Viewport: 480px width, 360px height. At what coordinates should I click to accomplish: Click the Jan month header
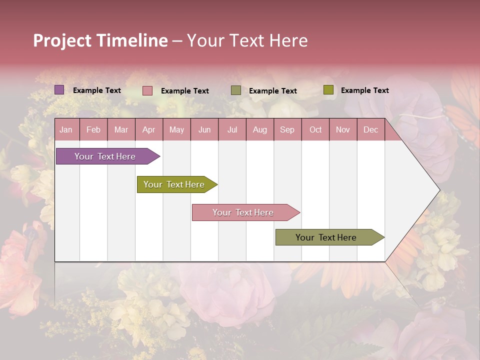tap(66, 130)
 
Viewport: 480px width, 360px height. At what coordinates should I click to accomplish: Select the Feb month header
tap(93, 130)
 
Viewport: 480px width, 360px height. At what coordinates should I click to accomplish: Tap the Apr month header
tap(149, 130)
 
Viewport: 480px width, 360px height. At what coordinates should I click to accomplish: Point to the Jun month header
tap(204, 130)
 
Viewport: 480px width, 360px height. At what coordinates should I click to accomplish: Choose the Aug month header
tap(260, 130)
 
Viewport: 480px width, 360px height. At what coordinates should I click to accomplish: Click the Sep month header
tap(287, 130)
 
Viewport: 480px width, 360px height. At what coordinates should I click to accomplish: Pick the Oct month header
tap(315, 130)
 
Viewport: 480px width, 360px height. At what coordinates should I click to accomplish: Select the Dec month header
tap(371, 130)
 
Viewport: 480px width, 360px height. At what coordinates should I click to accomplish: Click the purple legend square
tap(59, 90)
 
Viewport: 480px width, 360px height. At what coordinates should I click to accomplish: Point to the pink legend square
tap(147, 90)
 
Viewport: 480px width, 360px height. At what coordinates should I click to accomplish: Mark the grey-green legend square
tap(236, 90)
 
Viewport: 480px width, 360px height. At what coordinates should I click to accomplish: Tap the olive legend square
tap(328, 90)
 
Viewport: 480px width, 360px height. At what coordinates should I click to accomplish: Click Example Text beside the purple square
tap(97, 90)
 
